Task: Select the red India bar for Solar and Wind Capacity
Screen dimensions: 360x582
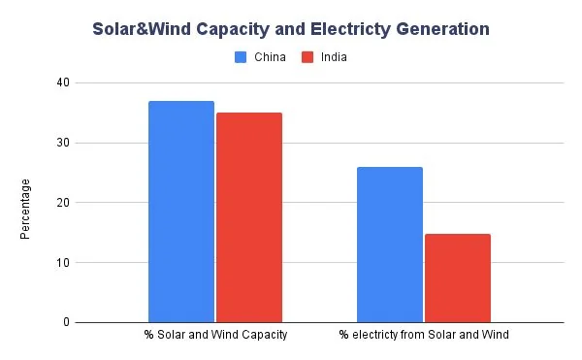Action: [249, 217]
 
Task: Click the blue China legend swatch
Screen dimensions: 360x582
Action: [242, 57]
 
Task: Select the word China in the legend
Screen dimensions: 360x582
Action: [270, 57]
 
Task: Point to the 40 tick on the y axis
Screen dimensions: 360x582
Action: [63, 83]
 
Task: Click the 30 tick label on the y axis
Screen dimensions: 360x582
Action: [63, 144]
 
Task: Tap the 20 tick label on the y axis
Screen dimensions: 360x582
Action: [63, 203]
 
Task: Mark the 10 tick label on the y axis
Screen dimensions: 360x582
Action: [63, 263]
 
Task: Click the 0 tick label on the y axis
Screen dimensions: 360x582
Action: [66, 322]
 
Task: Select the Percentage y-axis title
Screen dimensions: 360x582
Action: [25, 209]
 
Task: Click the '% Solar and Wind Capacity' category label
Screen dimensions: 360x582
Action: [215, 336]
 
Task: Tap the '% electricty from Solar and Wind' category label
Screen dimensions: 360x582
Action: [424, 336]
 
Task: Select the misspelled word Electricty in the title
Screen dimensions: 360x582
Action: [348, 29]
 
